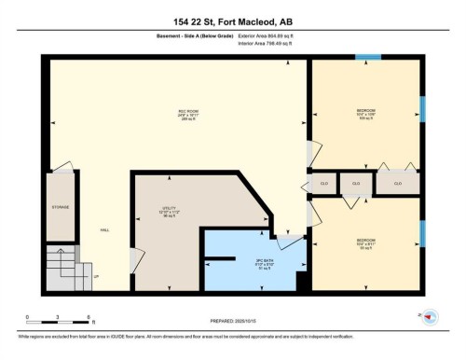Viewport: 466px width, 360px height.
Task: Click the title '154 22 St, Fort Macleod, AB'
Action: pos(233,21)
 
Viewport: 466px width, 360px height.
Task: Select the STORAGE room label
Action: pos(61,207)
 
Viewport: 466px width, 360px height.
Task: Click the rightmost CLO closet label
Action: pos(397,184)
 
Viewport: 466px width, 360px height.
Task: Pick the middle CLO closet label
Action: pos(355,183)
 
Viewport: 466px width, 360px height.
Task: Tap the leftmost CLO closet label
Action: pos(323,184)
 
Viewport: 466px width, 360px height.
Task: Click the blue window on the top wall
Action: pos(368,59)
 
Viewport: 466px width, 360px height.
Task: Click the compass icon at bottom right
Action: pos(430,318)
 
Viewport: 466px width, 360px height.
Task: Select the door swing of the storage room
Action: pos(63,169)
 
